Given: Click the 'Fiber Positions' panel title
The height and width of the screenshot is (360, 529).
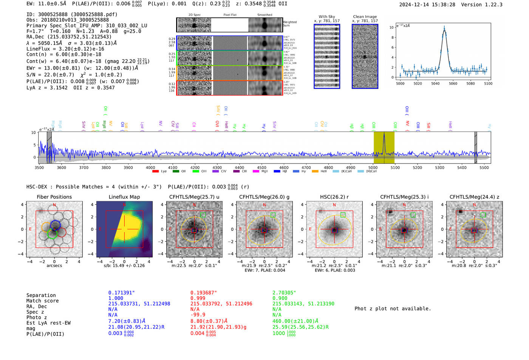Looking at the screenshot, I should (54, 197).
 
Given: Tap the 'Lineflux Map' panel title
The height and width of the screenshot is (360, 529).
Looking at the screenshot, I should (124, 197).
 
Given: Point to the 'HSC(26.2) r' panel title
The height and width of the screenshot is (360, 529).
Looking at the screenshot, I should (334, 197).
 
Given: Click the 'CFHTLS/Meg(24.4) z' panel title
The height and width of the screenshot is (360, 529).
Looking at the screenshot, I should (474, 197).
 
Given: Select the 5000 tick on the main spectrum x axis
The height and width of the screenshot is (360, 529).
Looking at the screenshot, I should (373, 167).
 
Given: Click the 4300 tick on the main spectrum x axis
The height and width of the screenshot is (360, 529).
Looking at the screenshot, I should (217, 167).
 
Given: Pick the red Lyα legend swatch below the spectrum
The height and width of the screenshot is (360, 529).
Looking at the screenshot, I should (155, 172).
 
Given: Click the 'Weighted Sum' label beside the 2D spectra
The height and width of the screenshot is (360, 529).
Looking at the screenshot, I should (290, 24).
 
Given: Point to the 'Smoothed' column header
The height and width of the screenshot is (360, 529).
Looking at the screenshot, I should (264, 15).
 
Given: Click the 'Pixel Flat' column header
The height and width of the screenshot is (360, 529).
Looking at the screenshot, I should (230, 15).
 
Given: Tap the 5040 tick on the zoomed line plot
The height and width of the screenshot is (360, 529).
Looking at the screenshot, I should (435, 83).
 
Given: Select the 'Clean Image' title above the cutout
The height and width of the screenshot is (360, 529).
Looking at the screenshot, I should (365, 17).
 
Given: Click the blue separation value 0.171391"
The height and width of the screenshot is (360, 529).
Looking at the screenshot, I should (121, 293).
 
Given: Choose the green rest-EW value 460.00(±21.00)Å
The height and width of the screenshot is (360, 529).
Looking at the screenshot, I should (295, 321).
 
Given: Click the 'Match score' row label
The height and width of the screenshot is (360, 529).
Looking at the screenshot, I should (42, 301).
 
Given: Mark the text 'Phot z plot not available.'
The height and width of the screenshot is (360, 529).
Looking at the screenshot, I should (393, 309).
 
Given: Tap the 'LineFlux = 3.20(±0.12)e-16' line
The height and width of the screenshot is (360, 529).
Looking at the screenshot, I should (65, 49).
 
